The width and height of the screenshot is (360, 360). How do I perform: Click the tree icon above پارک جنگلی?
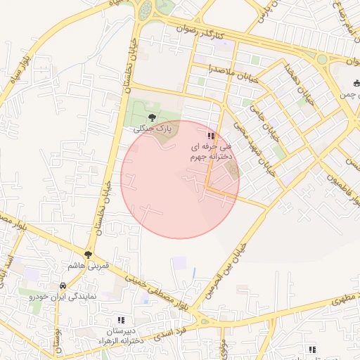tap(153, 117)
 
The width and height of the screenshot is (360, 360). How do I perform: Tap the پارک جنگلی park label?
tap(153, 129)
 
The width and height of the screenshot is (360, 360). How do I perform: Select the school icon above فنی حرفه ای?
tap(210, 135)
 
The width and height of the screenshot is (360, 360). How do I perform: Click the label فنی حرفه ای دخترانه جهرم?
tap(210, 152)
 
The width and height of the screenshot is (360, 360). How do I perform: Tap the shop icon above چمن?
tap(356, 84)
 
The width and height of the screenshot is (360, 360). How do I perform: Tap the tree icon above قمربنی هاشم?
tap(88, 255)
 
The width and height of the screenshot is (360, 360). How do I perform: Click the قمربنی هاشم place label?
tap(87, 266)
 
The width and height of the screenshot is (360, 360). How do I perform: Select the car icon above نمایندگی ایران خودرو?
tap(63, 286)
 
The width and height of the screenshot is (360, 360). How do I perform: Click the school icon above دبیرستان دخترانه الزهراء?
tap(121, 320)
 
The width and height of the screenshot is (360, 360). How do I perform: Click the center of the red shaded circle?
tap(180, 179)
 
